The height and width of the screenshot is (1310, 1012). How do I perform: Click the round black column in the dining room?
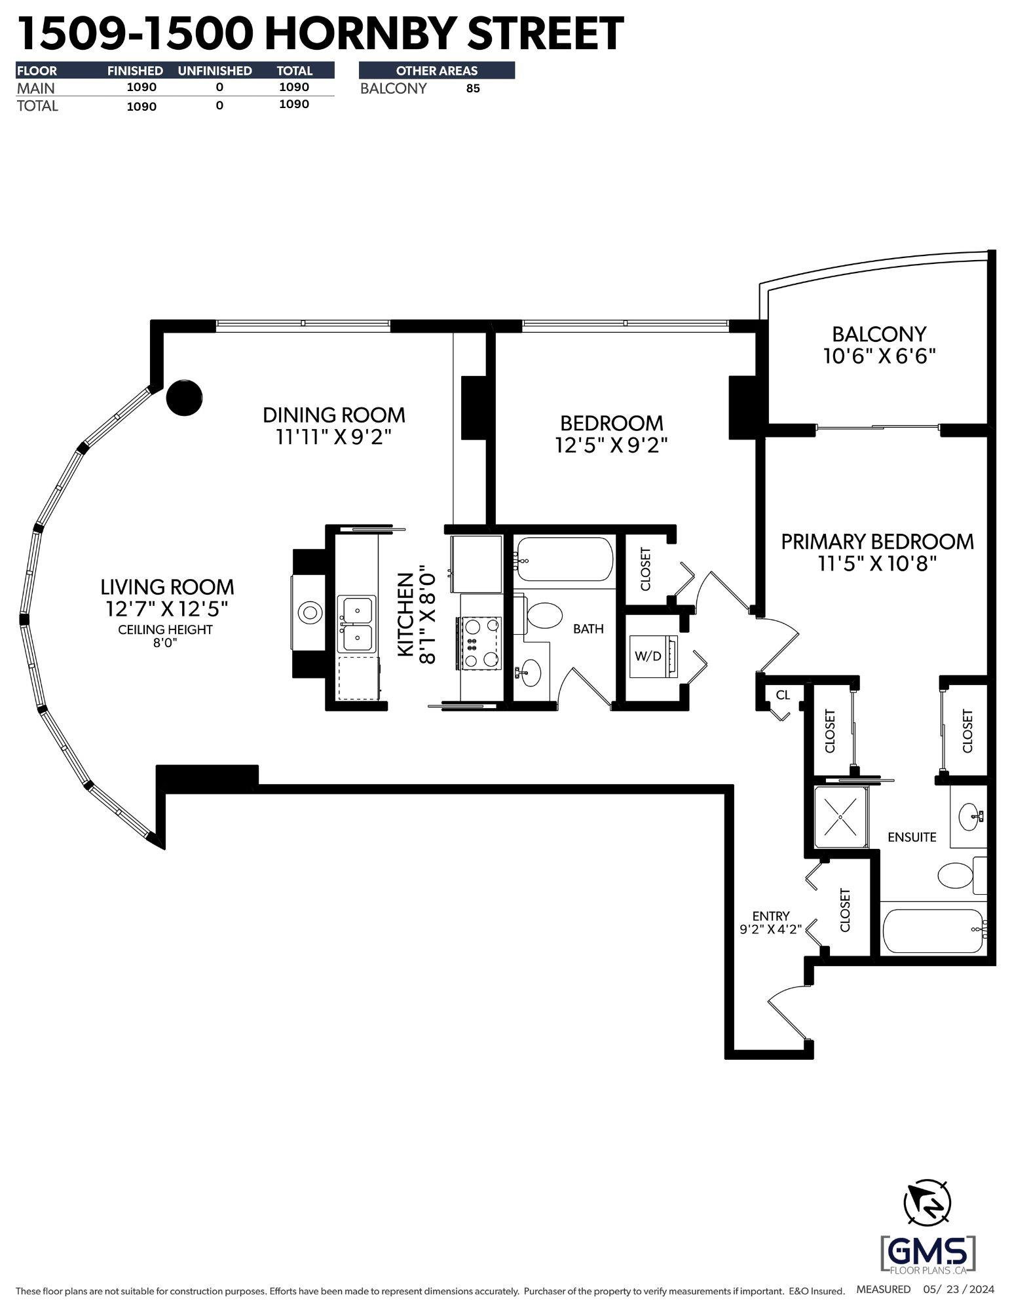tap(184, 397)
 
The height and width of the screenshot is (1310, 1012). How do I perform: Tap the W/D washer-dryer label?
tap(648, 656)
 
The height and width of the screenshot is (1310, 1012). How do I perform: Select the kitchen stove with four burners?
tap(480, 643)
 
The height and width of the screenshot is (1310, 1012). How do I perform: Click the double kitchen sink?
tap(357, 624)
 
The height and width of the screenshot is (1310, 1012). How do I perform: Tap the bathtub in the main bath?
tap(563, 559)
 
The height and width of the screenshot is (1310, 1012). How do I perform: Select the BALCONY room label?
tap(879, 334)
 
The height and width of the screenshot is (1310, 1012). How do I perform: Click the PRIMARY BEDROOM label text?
tap(877, 542)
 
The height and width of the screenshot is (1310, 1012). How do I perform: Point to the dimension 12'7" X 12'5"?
tap(167, 609)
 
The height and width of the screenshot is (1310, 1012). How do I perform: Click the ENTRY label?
tap(771, 916)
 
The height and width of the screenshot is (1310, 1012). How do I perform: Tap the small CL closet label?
tap(783, 695)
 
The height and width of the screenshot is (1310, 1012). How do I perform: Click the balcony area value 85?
tap(473, 89)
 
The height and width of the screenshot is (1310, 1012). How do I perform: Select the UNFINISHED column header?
tap(215, 71)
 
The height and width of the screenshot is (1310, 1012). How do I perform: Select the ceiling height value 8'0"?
tap(166, 643)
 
